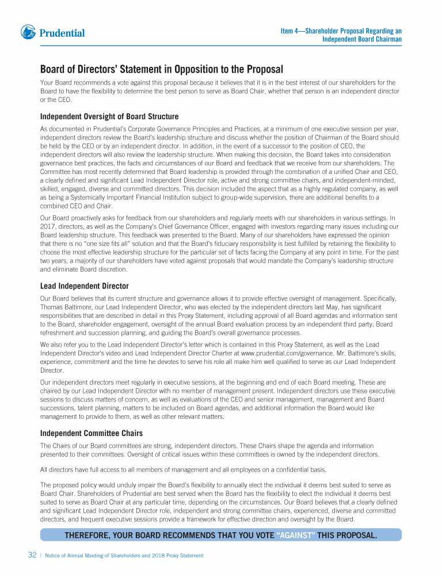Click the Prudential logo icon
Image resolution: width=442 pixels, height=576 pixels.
29,32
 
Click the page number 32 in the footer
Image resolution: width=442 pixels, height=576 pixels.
32,555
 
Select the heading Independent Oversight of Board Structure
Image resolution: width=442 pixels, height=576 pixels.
109,117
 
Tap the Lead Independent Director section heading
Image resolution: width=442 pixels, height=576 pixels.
84,286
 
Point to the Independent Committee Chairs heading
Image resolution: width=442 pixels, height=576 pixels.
92,433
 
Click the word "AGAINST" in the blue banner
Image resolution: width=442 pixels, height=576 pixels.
296,536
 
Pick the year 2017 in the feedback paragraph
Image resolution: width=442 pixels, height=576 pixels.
48,226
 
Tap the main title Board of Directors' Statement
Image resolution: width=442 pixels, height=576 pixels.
161,70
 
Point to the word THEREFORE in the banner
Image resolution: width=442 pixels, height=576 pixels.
86,536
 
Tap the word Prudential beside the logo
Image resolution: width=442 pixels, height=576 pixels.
62,33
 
